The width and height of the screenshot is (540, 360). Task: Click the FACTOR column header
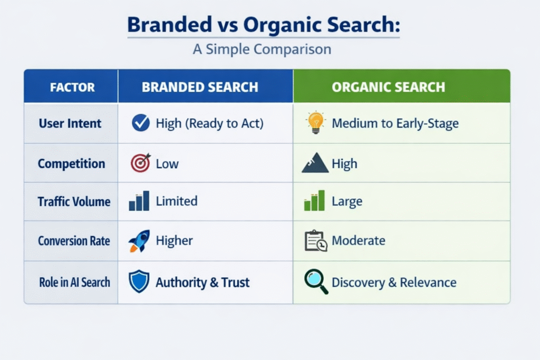pyautogui.click(x=72, y=87)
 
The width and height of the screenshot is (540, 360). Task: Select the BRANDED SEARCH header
pyautogui.click(x=200, y=87)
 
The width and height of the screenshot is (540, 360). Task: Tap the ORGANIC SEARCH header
pyautogui.click(x=389, y=87)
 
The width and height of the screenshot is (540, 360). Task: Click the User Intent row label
pyautogui.click(x=70, y=123)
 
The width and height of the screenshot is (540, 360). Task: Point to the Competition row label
pyautogui.click(x=71, y=163)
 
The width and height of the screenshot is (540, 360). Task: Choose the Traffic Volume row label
pyautogui.click(x=74, y=201)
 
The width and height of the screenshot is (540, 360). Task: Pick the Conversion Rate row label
pyautogui.click(x=74, y=241)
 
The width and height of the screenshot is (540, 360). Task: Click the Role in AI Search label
pyautogui.click(x=75, y=282)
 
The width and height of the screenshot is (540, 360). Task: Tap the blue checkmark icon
pyautogui.click(x=141, y=123)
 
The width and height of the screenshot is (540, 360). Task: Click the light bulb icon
pyautogui.click(x=315, y=122)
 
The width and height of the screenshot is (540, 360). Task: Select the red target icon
pyautogui.click(x=140, y=163)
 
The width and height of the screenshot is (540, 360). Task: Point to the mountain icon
pyautogui.click(x=315, y=163)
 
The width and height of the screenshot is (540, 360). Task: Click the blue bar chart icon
pyautogui.click(x=139, y=201)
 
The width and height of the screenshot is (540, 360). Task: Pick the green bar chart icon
pyautogui.click(x=314, y=200)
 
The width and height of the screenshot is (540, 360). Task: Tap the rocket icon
pyautogui.click(x=139, y=240)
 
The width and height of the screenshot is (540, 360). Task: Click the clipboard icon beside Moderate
pyautogui.click(x=316, y=240)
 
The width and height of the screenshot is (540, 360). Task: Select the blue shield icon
pyautogui.click(x=139, y=281)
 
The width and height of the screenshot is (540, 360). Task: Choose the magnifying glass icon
pyautogui.click(x=316, y=281)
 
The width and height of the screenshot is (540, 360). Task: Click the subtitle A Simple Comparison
pyautogui.click(x=262, y=49)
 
